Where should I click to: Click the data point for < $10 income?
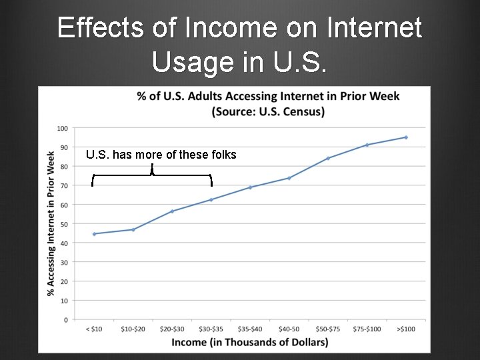(x=94, y=234)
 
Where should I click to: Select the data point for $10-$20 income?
(x=133, y=229)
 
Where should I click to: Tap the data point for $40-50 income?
(x=289, y=178)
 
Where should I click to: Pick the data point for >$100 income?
(x=406, y=137)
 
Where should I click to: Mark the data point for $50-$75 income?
(x=328, y=158)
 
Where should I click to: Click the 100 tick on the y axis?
(x=62, y=128)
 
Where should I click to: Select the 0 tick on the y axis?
(x=65, y=320)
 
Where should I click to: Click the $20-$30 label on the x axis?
(x=172, y=329)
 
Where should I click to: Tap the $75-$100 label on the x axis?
(x=367, y=329)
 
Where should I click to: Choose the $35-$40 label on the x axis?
(x=250, y=329)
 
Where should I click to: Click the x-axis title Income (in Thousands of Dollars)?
(x=250, y=343)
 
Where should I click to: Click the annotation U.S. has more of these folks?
(x=161, y=155)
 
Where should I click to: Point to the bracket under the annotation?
(x=152, y=175)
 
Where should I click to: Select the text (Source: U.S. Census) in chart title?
(x=268, y=111)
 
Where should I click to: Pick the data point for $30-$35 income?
(x=211, y=199)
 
